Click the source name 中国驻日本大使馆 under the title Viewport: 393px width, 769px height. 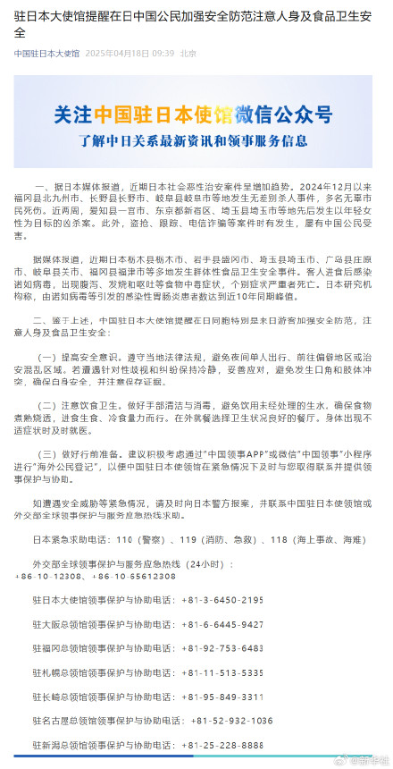coord(45,54)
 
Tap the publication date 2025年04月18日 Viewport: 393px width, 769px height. coord(125,54)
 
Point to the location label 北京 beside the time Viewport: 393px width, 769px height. coord(188,54)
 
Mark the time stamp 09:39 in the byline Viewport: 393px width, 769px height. coord(163,54)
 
